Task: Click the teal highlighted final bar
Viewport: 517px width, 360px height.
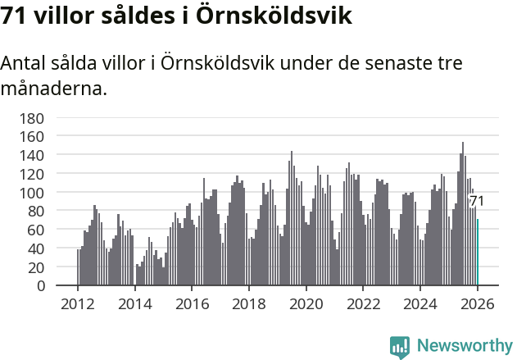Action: pyautogui.click(x=478, y=253)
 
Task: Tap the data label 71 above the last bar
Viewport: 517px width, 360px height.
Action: pyautogui.click(x=476, y=201)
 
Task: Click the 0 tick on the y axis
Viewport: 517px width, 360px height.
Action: pyautogui.click(x=39, y=286)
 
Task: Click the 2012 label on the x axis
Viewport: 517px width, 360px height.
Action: pyautogui.click(x=78, y=303)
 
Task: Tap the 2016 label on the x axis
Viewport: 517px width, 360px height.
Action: pyautogui.click(x=192, y=303)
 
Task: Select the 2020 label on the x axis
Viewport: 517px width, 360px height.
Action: pyautogui.click(x=306, y=303)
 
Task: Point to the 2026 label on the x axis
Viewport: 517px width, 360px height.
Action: pyautogui.click(x=477, y=303)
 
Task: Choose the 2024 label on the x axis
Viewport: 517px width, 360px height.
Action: pyautogui.click(x=419, y=303)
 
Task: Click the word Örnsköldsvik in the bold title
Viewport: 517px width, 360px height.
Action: pyautogui.click(x=274, y=16)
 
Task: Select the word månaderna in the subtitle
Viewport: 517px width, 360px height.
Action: pyautogui.click(x=54, y=88)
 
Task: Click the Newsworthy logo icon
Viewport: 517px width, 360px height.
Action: pyautogui.click(x=400, y=347)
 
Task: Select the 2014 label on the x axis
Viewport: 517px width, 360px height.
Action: pyautogui.click(x=134, y=303)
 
